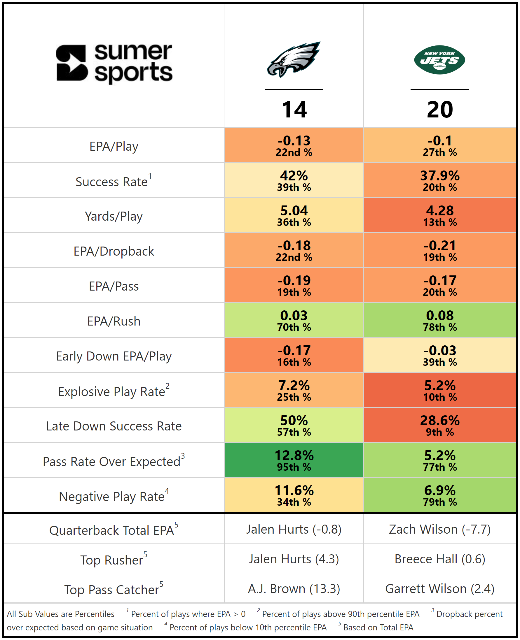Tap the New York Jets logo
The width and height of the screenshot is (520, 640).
pyautogui.click(x=439, y=60)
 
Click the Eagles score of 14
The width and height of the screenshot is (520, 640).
pyautogui.click(x=294, y=110)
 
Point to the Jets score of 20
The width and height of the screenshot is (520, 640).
pyautogui.click(x=440, y=110)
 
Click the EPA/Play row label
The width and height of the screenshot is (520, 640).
pyautogui.click(x=114, y=146)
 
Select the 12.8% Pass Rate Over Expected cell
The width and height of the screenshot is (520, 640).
pyautogui.click(x=294, y=460)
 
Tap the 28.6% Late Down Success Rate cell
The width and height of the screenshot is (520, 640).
pyautogui.click(x=440, y=425)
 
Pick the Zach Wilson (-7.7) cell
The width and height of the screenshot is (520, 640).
pyautogui.click(x=440, y=529)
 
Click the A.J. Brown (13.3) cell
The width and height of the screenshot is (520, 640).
pyautogui.click(x=294, y=588)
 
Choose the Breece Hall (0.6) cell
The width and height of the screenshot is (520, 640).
pyautogui.click(x=440, y=559)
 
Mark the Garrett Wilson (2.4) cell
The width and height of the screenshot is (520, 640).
pyautogui.click(x=440, y=588)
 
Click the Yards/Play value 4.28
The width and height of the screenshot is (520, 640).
pyautogui.click(x=440, y=211)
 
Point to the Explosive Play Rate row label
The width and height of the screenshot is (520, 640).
pyautogui.click(x=114, y=391)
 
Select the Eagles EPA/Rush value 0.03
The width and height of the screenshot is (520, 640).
pyautogui.click(x=294, y=316)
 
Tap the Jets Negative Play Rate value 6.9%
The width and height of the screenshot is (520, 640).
pyautogui.click(x=440, y=490)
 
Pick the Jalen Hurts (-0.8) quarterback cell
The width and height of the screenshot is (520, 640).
pyautogui.click(x=294, y=529)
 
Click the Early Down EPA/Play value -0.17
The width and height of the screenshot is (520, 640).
pyautogui.click(x=294, y=351)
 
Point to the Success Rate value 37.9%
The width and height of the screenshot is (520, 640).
pyautogui.click(x=440, y=176)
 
